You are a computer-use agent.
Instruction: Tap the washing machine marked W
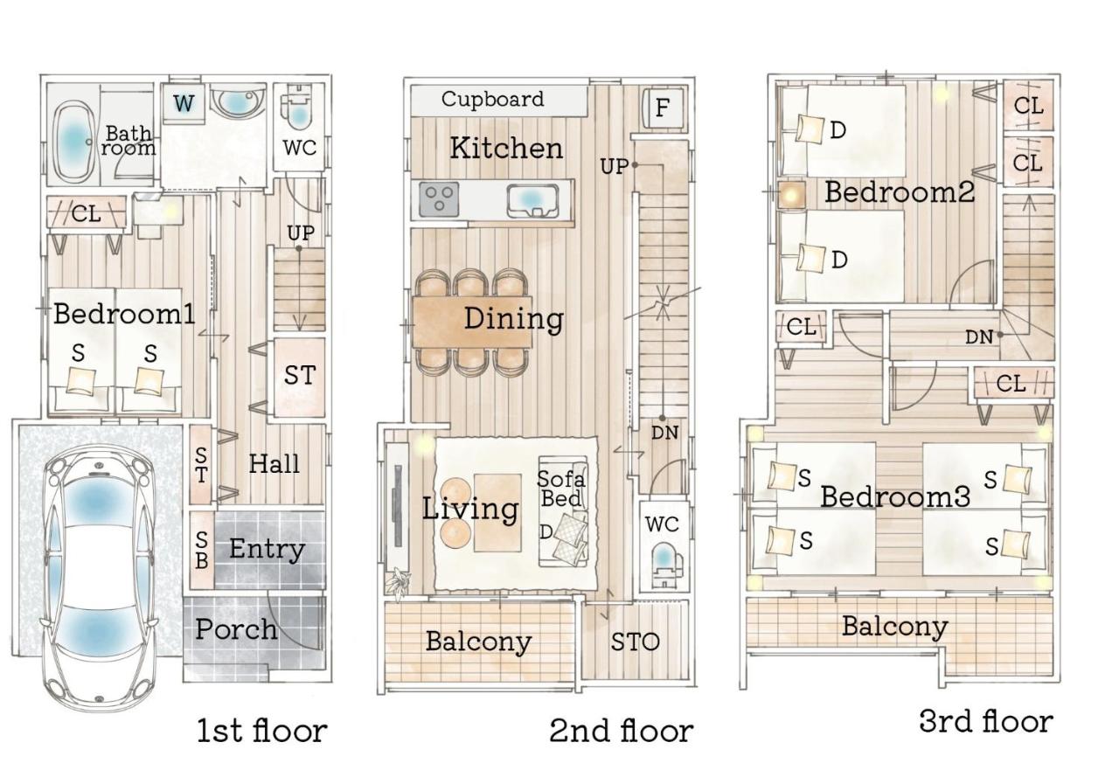(x=184, y=104)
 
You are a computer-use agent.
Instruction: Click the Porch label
(x=236, y=630)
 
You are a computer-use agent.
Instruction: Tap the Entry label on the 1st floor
(x=267, y=549)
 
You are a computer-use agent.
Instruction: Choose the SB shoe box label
(x=201, y=550)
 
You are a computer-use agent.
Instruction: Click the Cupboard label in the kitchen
(x=492, y=100)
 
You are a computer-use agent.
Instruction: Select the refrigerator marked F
(x=662, y=108)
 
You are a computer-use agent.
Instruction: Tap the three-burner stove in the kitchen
(x=439, y=199)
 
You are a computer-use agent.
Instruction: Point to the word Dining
(x=513, y=319)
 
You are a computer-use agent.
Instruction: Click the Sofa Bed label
(x=560, y=489)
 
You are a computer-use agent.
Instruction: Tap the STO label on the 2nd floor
(x=635, y=642)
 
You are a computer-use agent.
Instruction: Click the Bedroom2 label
(x=900, y=191)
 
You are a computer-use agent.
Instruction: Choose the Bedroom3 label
(x=895, y=496)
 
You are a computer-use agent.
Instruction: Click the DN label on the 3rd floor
(x=978, y=337)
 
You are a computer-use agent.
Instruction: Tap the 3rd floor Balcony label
(x=894, y=626)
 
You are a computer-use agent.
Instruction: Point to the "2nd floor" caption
(x=622, y=731)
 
